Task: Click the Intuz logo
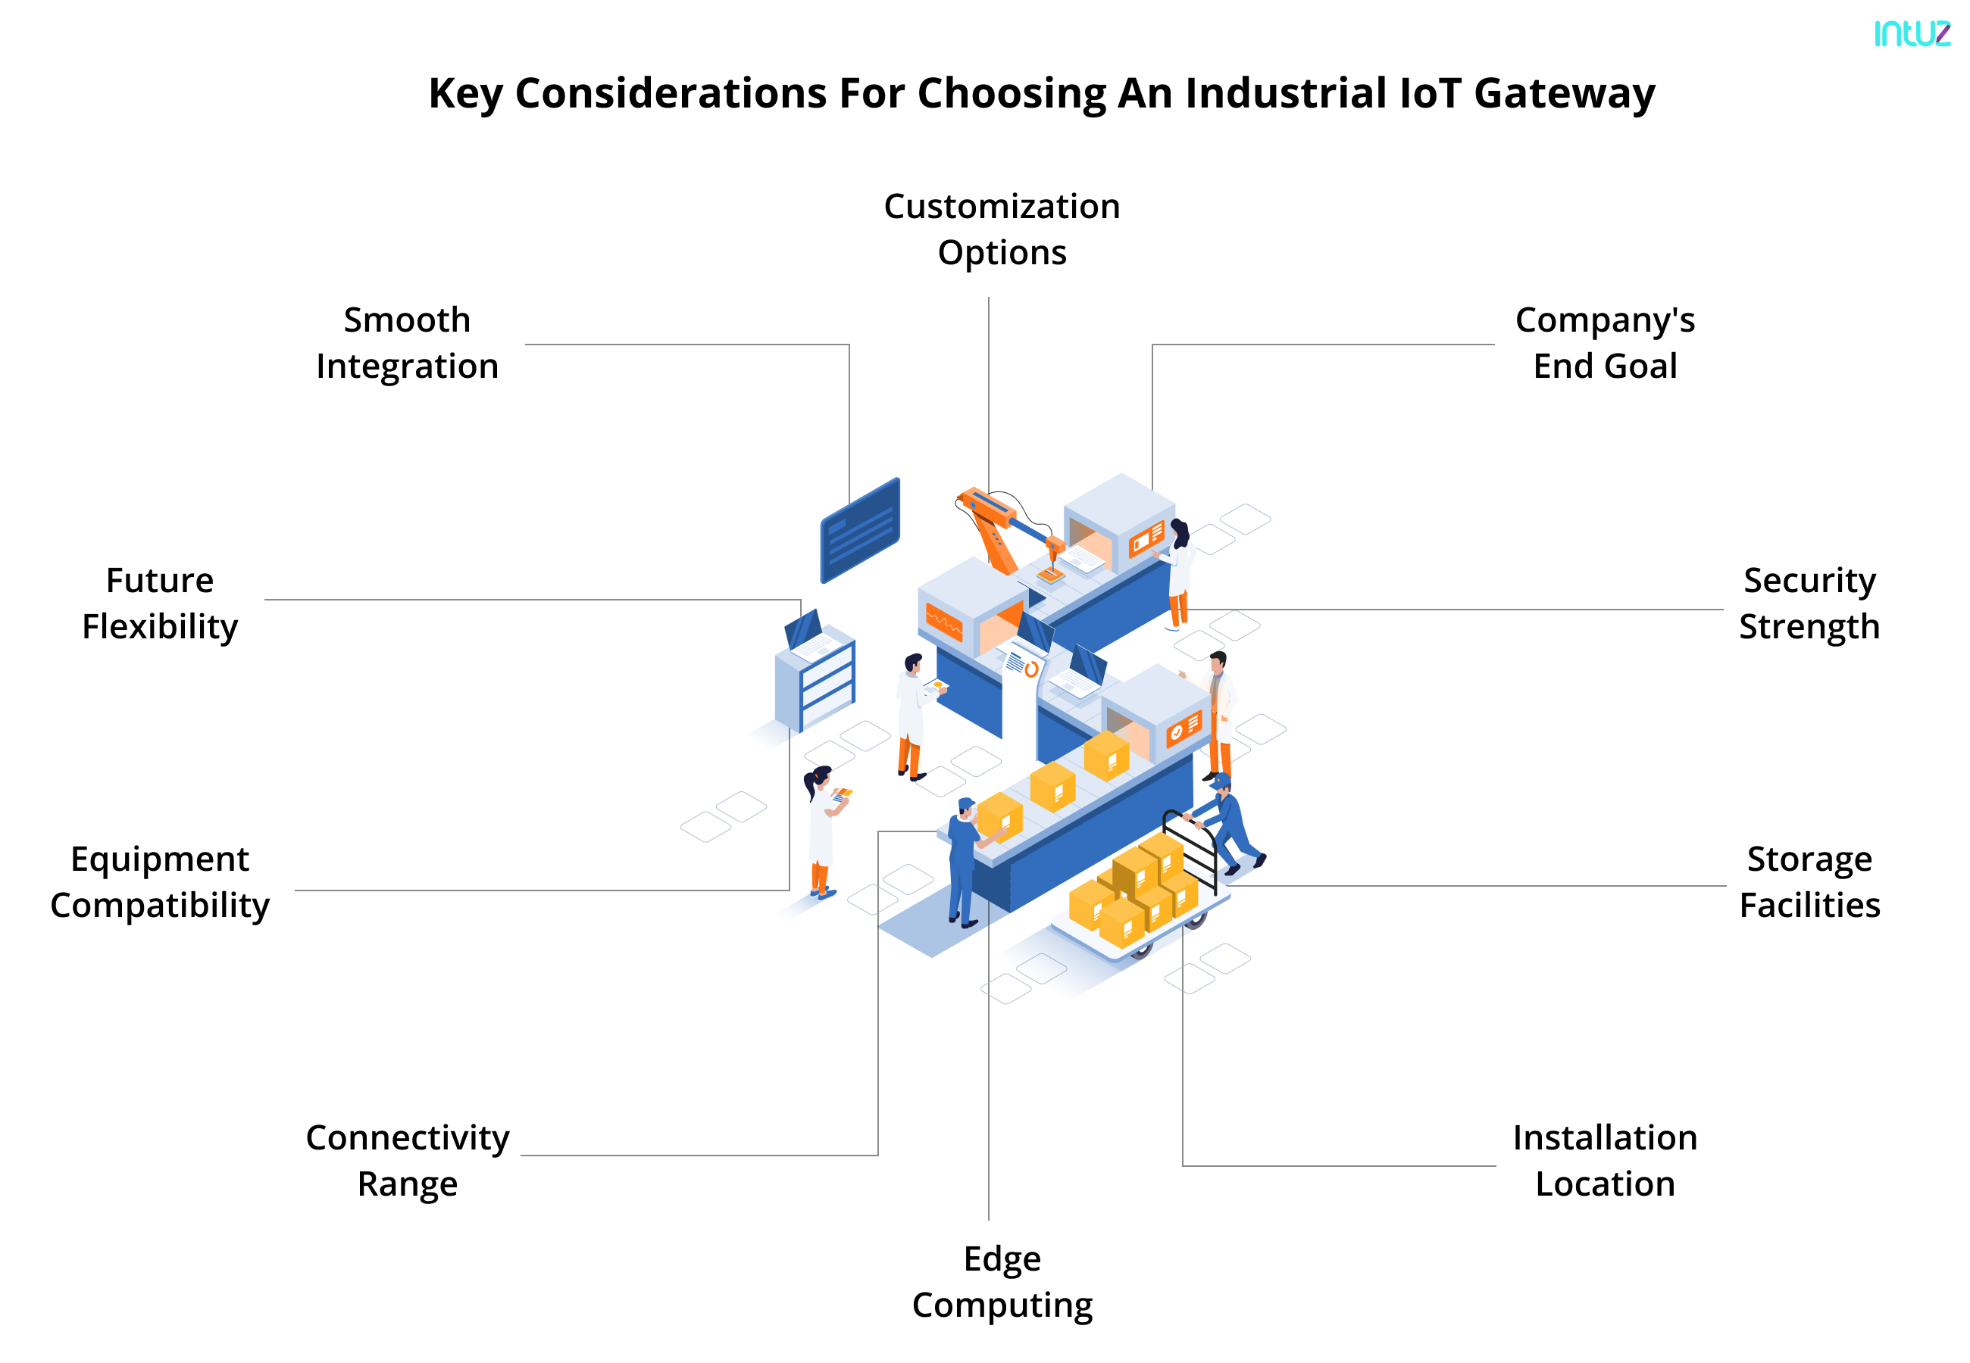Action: tap(1911, 33)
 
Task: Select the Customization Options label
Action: tap(1001, 229)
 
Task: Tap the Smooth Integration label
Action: tap(407, 342)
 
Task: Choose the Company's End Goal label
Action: tap(1604, 342)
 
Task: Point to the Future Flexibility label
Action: tap(160, 603)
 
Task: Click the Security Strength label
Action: tap(1809, 603)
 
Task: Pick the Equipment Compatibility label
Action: tap(160, 881)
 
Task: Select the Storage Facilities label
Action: tap(1809, 881)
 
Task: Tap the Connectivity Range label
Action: tap(408, 1160)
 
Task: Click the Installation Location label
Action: tap(1604, 1160)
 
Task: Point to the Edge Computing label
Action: tap(1001, 1281)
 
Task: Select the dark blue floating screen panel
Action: tap(859, 529)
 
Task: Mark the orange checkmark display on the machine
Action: tap(1184, 728)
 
